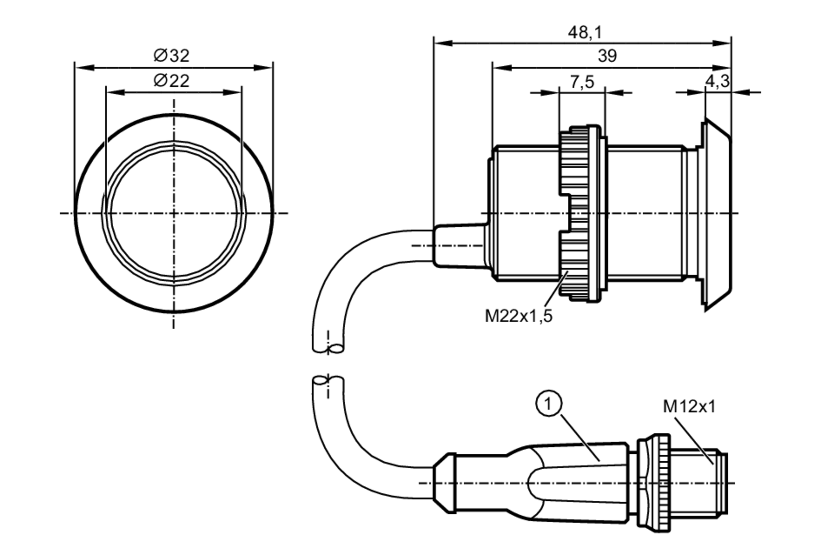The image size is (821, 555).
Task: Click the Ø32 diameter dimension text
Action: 172,56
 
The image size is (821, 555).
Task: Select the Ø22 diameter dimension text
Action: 172,81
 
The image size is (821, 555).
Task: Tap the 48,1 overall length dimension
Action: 585,32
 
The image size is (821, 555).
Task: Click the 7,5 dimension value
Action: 582,82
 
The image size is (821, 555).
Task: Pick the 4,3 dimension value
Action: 718,81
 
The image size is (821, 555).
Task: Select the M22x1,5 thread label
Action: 519,316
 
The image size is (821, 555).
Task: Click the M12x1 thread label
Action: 689,407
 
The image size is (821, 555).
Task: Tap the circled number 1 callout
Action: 549,404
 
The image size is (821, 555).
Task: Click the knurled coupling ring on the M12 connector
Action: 661,483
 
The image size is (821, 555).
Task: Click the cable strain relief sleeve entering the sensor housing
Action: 460,246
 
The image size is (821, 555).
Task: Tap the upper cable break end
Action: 328,349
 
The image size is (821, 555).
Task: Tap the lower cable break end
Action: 328,381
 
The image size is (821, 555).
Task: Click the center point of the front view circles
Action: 174,213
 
